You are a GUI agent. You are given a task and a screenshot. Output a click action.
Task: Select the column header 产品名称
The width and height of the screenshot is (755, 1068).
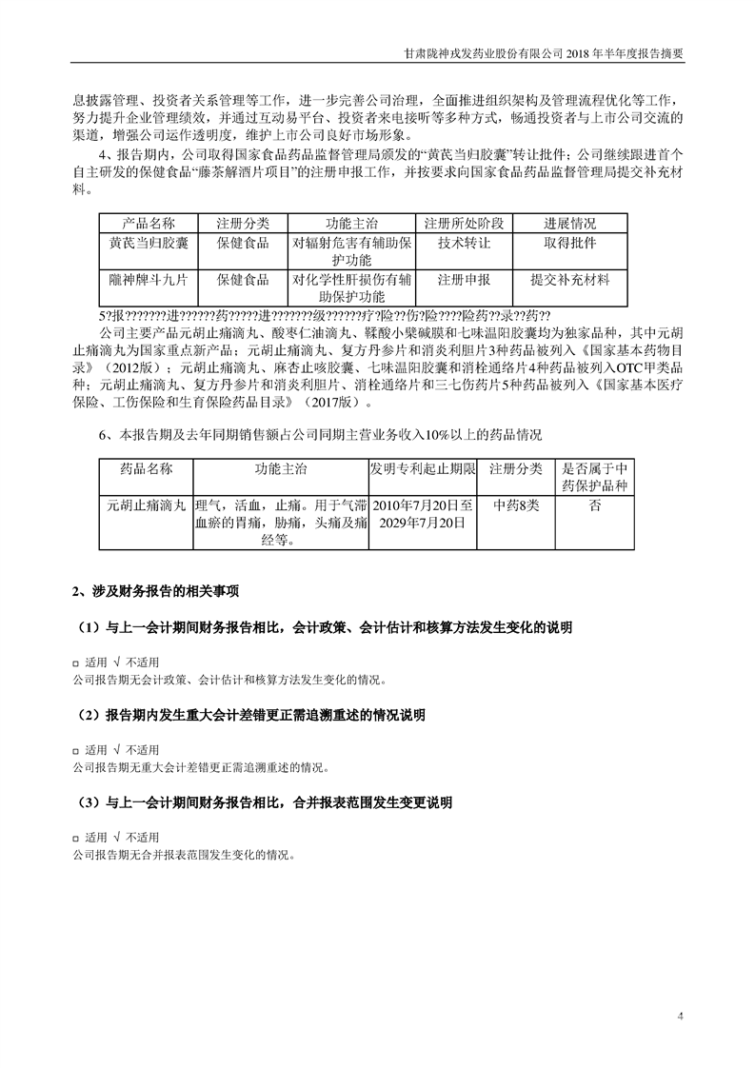click(143, 223)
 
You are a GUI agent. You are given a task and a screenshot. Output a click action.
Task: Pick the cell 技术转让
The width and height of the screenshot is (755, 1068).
click(464, 244)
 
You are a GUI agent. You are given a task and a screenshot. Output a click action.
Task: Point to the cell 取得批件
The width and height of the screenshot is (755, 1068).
click(570, 244)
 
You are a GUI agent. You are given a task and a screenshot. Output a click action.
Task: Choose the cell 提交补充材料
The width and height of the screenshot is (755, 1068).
click(570, 281)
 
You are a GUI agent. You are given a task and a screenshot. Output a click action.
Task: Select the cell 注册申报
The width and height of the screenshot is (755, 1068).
click(464, 281)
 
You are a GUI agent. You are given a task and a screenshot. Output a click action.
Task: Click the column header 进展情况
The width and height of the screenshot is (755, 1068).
click(570, 223)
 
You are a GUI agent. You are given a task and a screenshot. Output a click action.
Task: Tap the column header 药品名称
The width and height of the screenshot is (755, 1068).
click(147, 470)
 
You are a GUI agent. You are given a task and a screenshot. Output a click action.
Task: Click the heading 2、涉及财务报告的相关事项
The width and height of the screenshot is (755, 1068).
click(156, 591)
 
